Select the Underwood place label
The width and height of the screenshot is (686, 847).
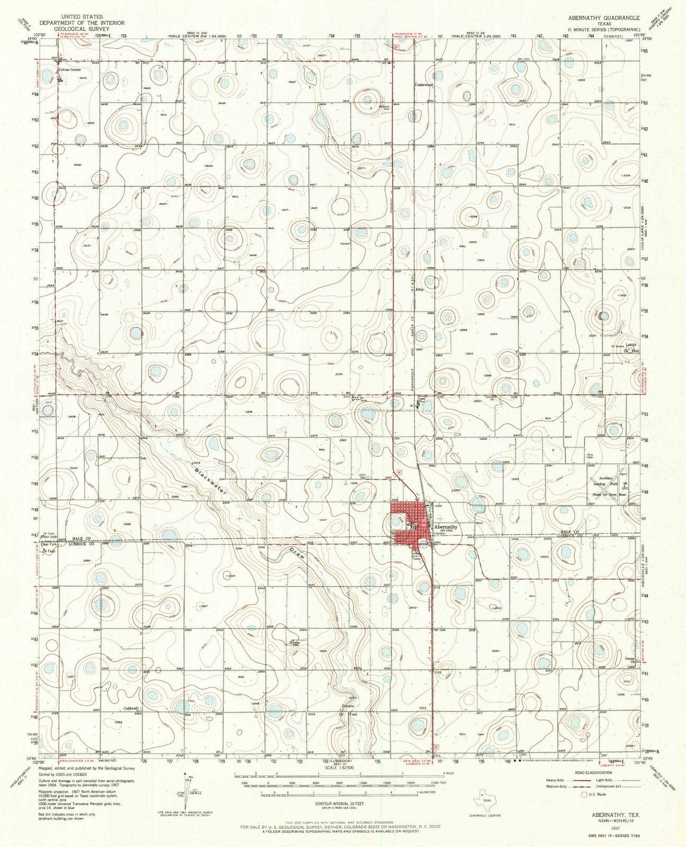coord(424,85)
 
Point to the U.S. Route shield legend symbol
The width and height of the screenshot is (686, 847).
coord(585,794)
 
